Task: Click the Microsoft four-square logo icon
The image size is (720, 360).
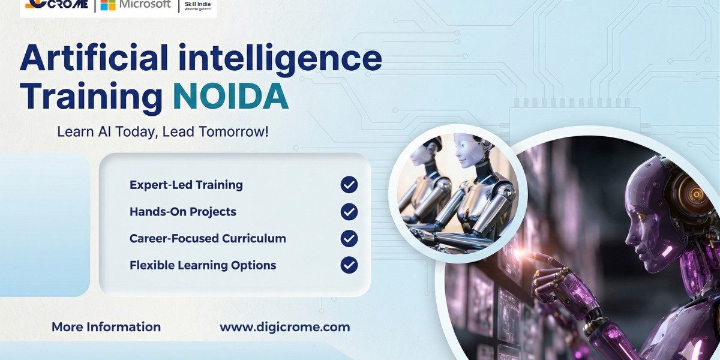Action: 108,5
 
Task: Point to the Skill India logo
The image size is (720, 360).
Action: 198,5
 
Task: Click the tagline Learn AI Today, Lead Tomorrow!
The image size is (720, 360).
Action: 163,132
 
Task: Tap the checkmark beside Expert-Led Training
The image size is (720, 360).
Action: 349,185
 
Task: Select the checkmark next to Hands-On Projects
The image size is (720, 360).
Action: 349,212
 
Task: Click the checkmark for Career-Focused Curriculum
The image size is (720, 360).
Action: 349,238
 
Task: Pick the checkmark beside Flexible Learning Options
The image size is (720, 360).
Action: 349,265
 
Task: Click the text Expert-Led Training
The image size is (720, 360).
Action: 186,185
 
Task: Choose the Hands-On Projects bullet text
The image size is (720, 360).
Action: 182,212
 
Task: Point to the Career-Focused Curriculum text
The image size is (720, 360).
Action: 208,238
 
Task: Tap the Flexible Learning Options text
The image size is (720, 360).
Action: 203,265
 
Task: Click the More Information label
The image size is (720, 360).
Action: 106,327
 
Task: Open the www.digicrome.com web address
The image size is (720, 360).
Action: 284,327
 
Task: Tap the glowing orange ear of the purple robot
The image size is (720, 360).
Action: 697,193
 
